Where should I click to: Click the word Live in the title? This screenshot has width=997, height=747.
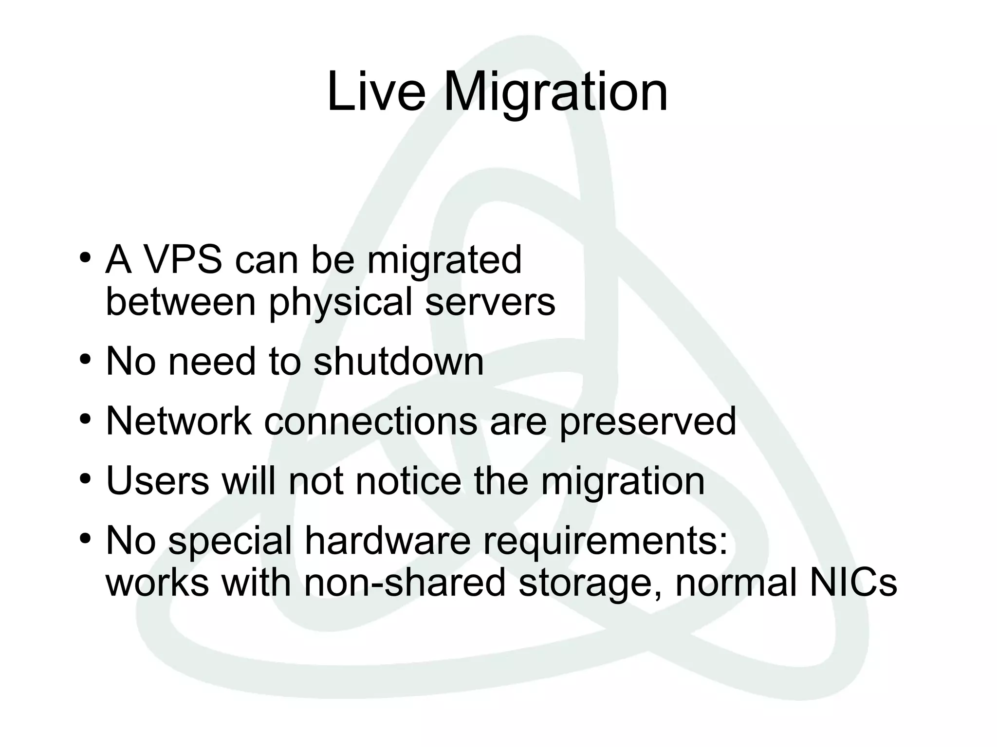tap(376, 91)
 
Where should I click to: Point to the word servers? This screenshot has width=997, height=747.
tap(490, 302)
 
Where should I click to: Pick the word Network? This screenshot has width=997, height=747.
tap(179, 421)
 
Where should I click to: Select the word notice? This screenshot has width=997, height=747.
tap(408, 481)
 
